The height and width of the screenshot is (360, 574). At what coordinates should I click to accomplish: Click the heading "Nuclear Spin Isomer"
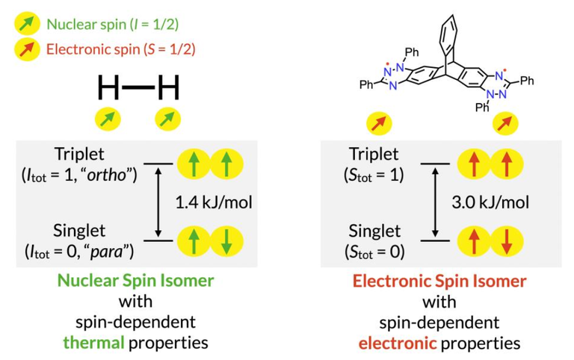coord(137,282)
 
